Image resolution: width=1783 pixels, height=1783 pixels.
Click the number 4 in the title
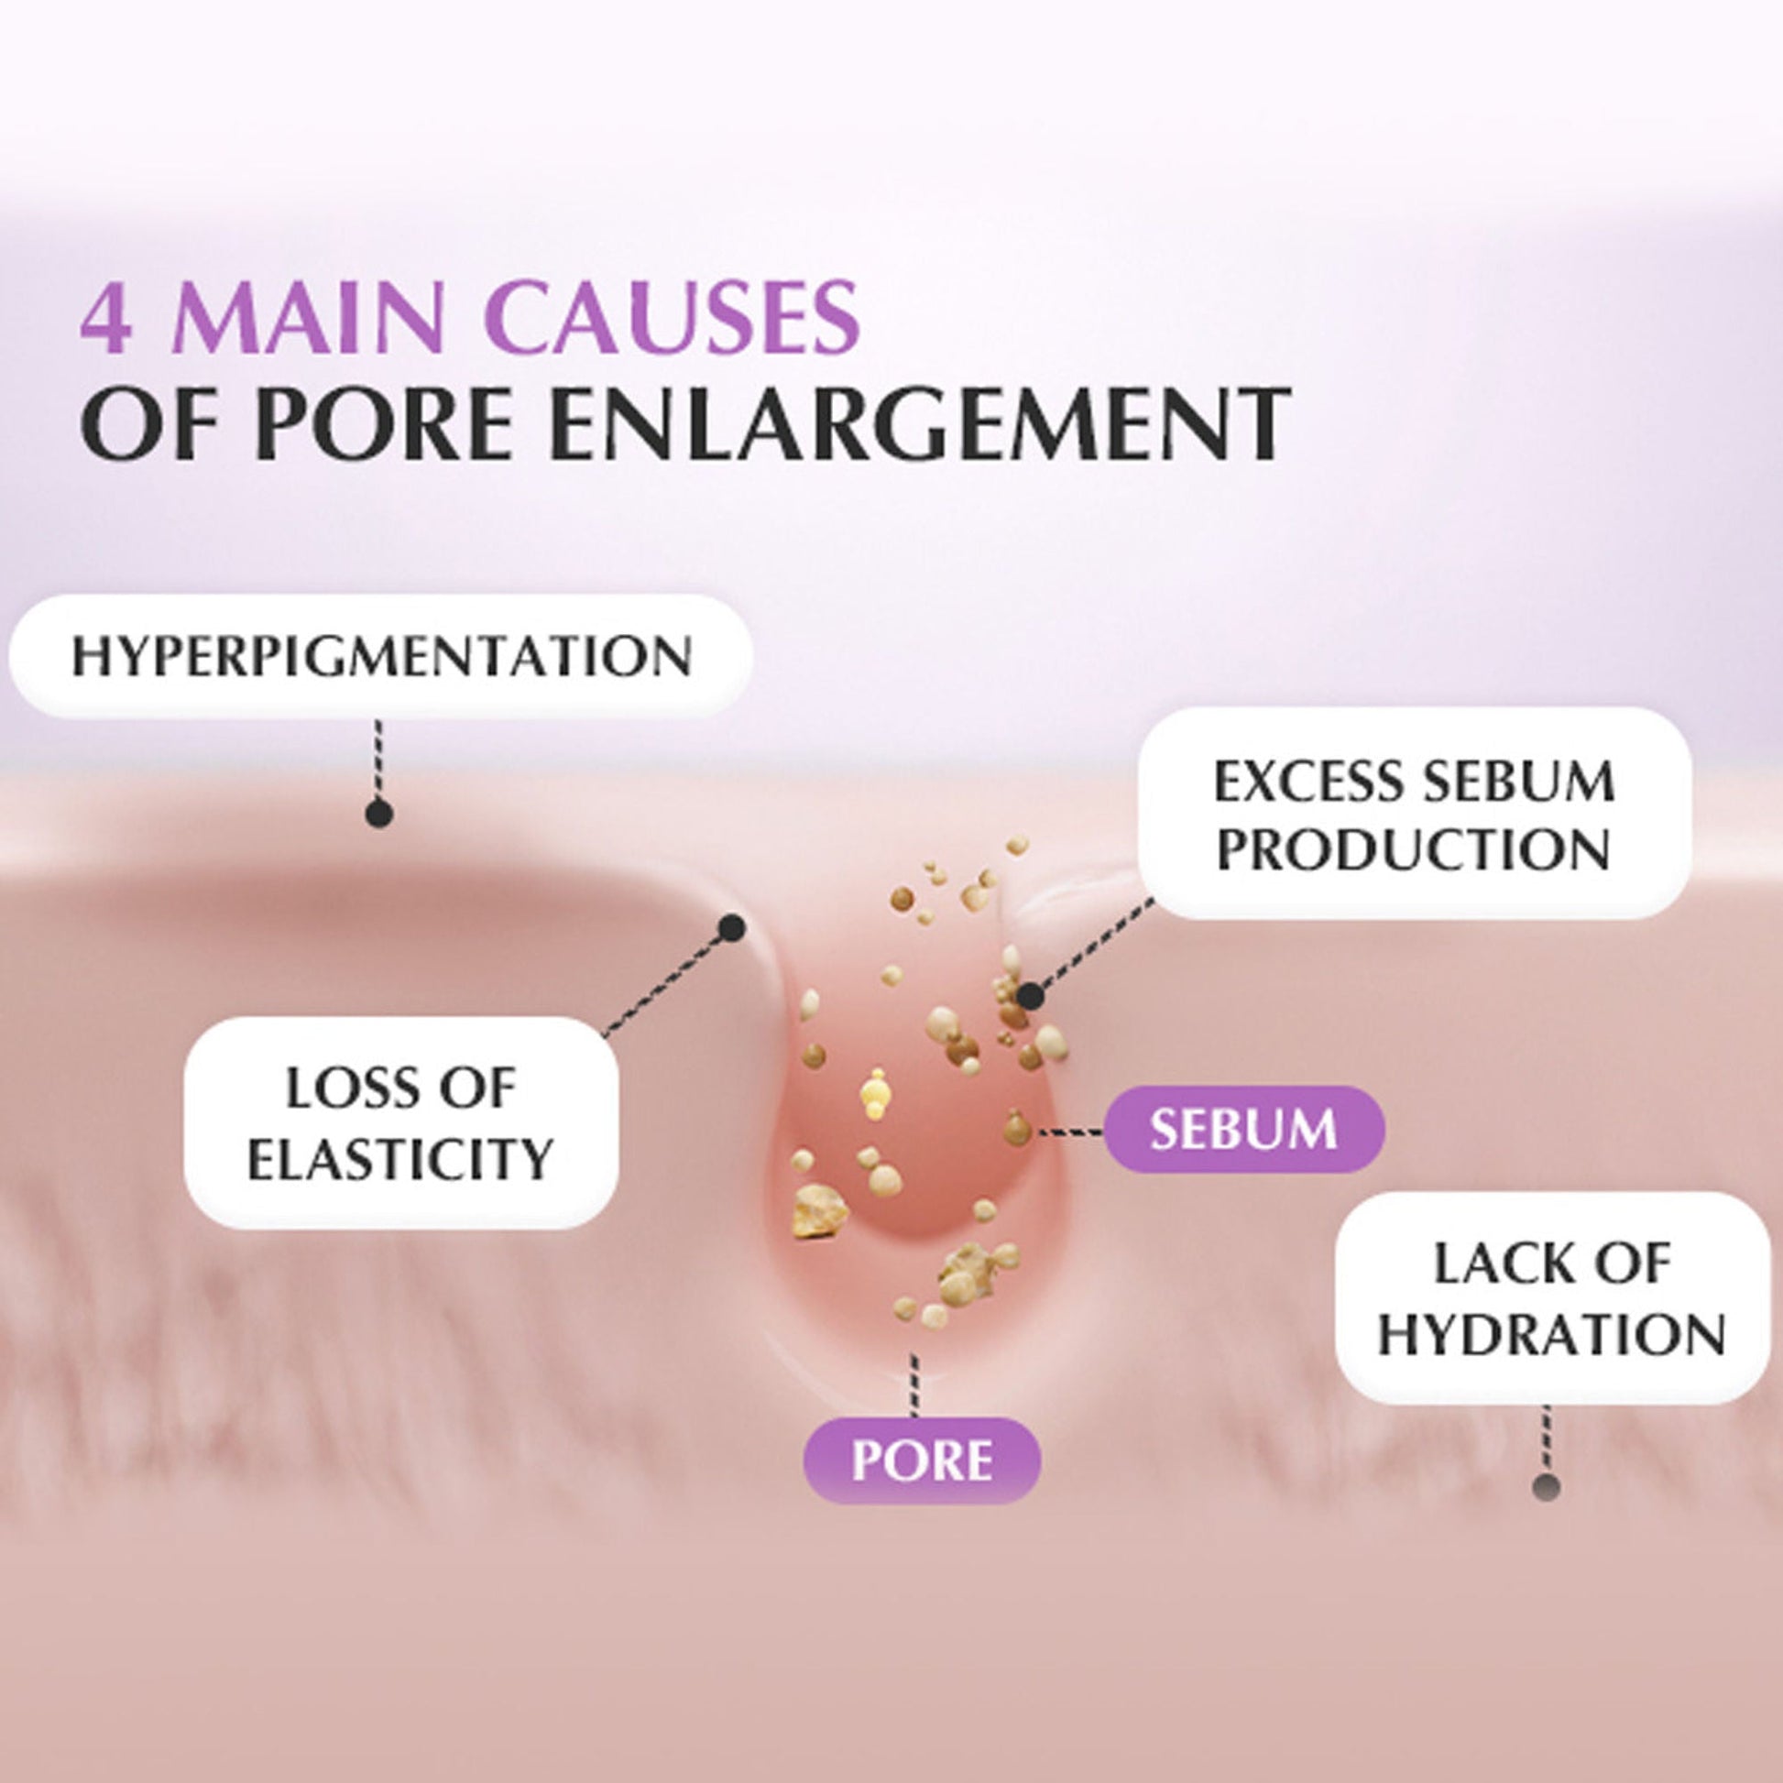point(105,319)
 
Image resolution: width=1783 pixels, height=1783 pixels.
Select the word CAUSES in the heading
point(673,319)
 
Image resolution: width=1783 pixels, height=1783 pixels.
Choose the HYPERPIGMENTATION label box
point(380,656)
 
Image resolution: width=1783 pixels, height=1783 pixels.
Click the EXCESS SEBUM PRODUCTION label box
point(1414,813)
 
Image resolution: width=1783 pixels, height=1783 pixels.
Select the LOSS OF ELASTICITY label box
point(400,1122)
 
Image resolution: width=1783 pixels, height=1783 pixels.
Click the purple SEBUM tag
point(1244,1129)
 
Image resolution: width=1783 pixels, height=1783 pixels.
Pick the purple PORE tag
point(923,1460)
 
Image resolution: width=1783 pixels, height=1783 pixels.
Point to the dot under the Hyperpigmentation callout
point(379,814)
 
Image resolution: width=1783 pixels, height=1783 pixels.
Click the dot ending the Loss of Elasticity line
point(732,928)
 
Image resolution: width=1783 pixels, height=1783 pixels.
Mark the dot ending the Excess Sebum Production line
point(1030,997)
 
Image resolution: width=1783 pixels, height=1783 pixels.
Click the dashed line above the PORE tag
point(913,1385)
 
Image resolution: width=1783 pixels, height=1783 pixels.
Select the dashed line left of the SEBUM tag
point(1070,1131)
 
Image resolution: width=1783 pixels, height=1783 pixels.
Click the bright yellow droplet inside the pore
point(875,1090)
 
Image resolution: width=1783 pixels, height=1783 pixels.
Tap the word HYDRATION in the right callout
point(1552,1334)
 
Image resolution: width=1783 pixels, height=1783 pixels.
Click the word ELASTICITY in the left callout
point(400,1159)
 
